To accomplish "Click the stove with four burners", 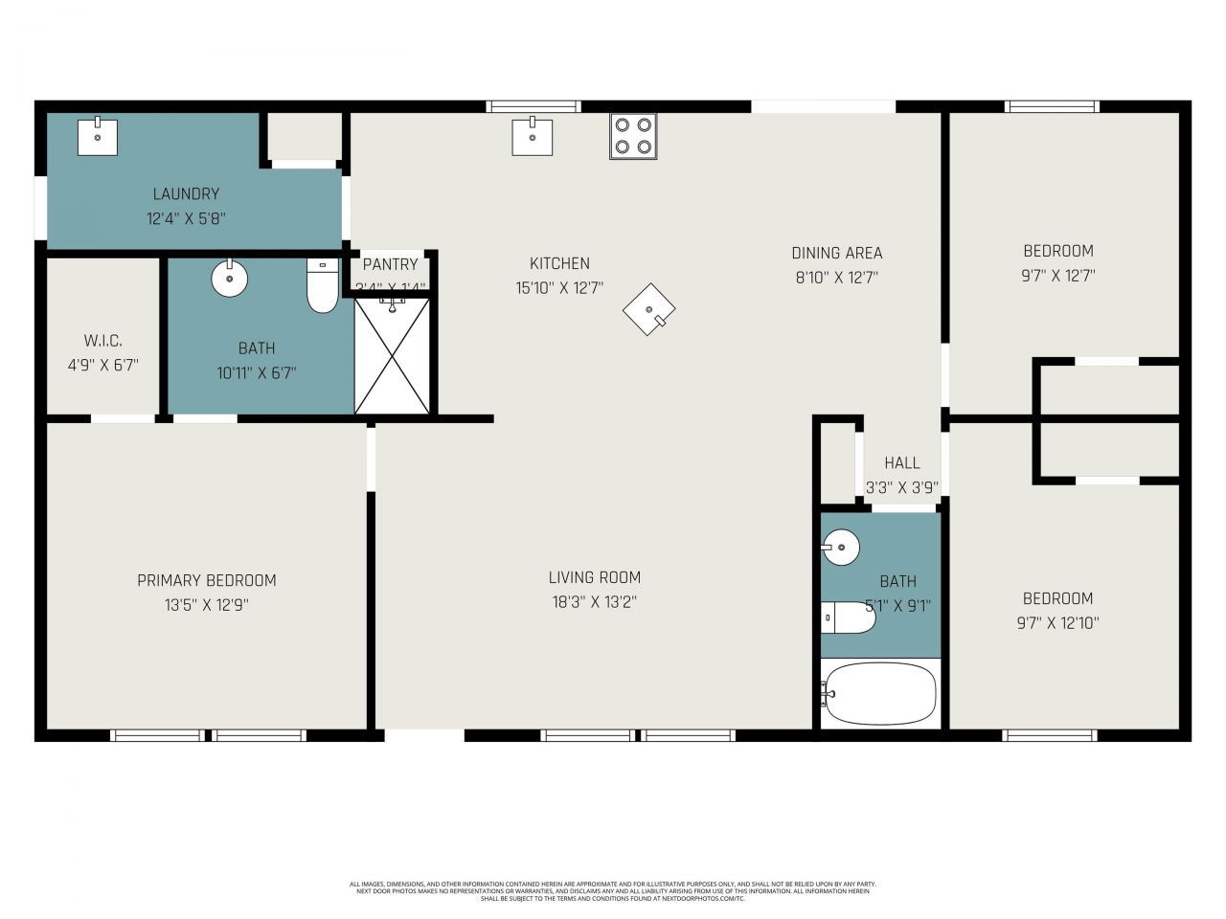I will point(633,136).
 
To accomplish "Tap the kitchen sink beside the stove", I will point(532,136).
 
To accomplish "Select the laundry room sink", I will point(97,136).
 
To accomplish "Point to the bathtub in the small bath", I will point(879,693).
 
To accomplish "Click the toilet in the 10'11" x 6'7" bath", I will point(323,285).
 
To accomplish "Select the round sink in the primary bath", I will point(229,279).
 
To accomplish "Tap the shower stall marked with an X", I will point(393,356).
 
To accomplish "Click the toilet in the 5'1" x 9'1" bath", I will point(848,617).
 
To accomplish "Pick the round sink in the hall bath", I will point(841,548).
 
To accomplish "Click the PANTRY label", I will point(390,264).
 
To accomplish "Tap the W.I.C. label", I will point(102,341).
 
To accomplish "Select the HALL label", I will point(901,463).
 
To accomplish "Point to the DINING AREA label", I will point(836,253).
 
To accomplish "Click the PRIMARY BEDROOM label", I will point(206,580).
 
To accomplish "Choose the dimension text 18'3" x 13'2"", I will point(594,602).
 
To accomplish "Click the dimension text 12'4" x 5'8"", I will point(186,218).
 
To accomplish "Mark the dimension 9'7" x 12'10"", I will point(1057,623).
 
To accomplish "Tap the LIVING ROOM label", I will point(594,577).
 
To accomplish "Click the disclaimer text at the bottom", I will point(613,891).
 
